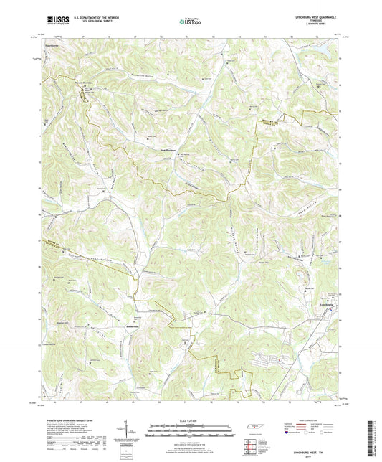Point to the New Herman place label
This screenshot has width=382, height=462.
tap(167, 150)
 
